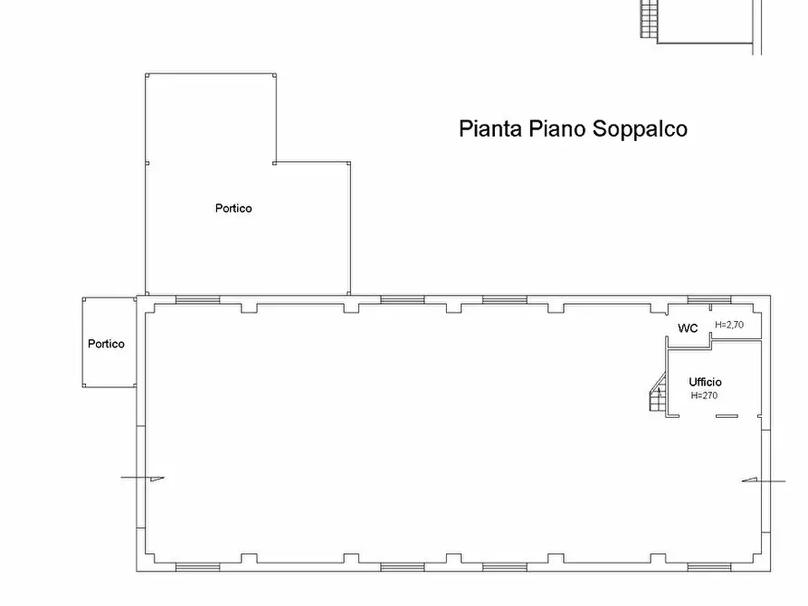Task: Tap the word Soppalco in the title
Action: (x=640, y=128)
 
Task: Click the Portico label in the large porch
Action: (x=233, y=208)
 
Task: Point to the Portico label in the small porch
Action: (x=106, y=344)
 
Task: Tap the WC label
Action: (x=688, y=328)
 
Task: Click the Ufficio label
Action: (x=705, y=382)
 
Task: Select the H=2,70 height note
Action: (x=728, y=324)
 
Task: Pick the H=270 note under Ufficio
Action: (x=705, y=395)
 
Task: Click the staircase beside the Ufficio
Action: (x=656, y=396)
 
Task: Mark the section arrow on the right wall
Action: (x=752, y=480)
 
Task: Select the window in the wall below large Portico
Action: (x=196, y=299)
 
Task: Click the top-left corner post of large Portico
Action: (x=147, y=75)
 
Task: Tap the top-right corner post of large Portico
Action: (x=275, y=75)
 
